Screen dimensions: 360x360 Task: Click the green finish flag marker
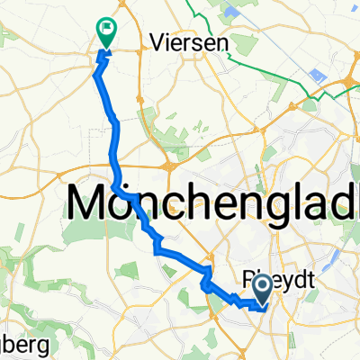coord(106,33)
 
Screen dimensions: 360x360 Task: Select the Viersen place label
coord(187,41)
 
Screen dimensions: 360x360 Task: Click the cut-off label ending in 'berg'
coord(18,346)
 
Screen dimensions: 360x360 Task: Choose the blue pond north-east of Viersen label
coord(231,12)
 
